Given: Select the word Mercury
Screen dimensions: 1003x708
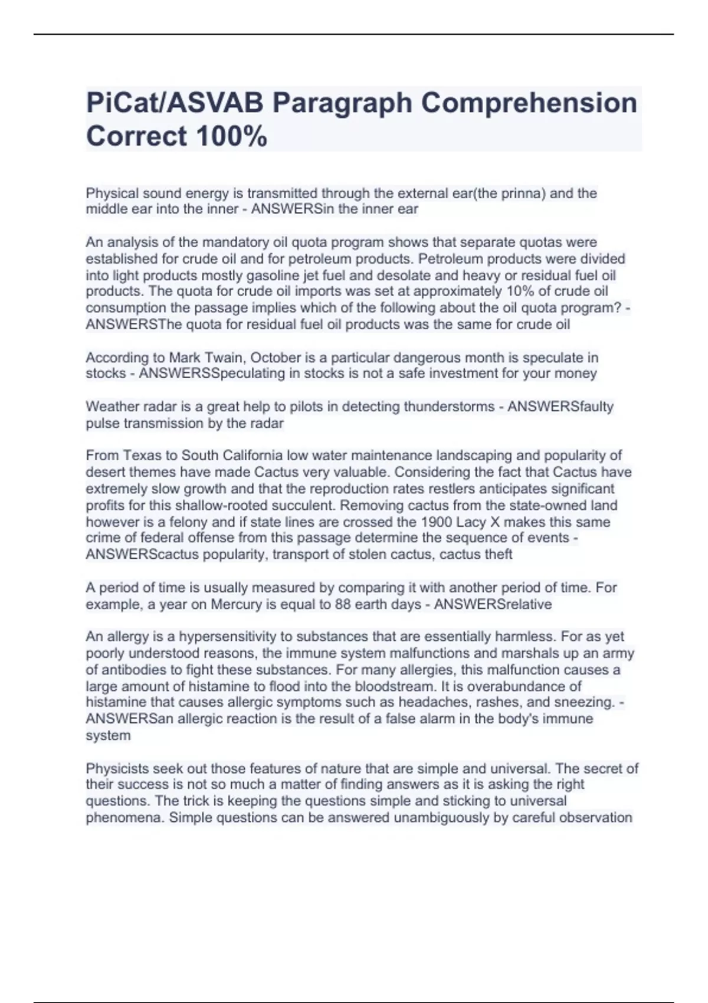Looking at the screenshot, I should click(x=236, y=604).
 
